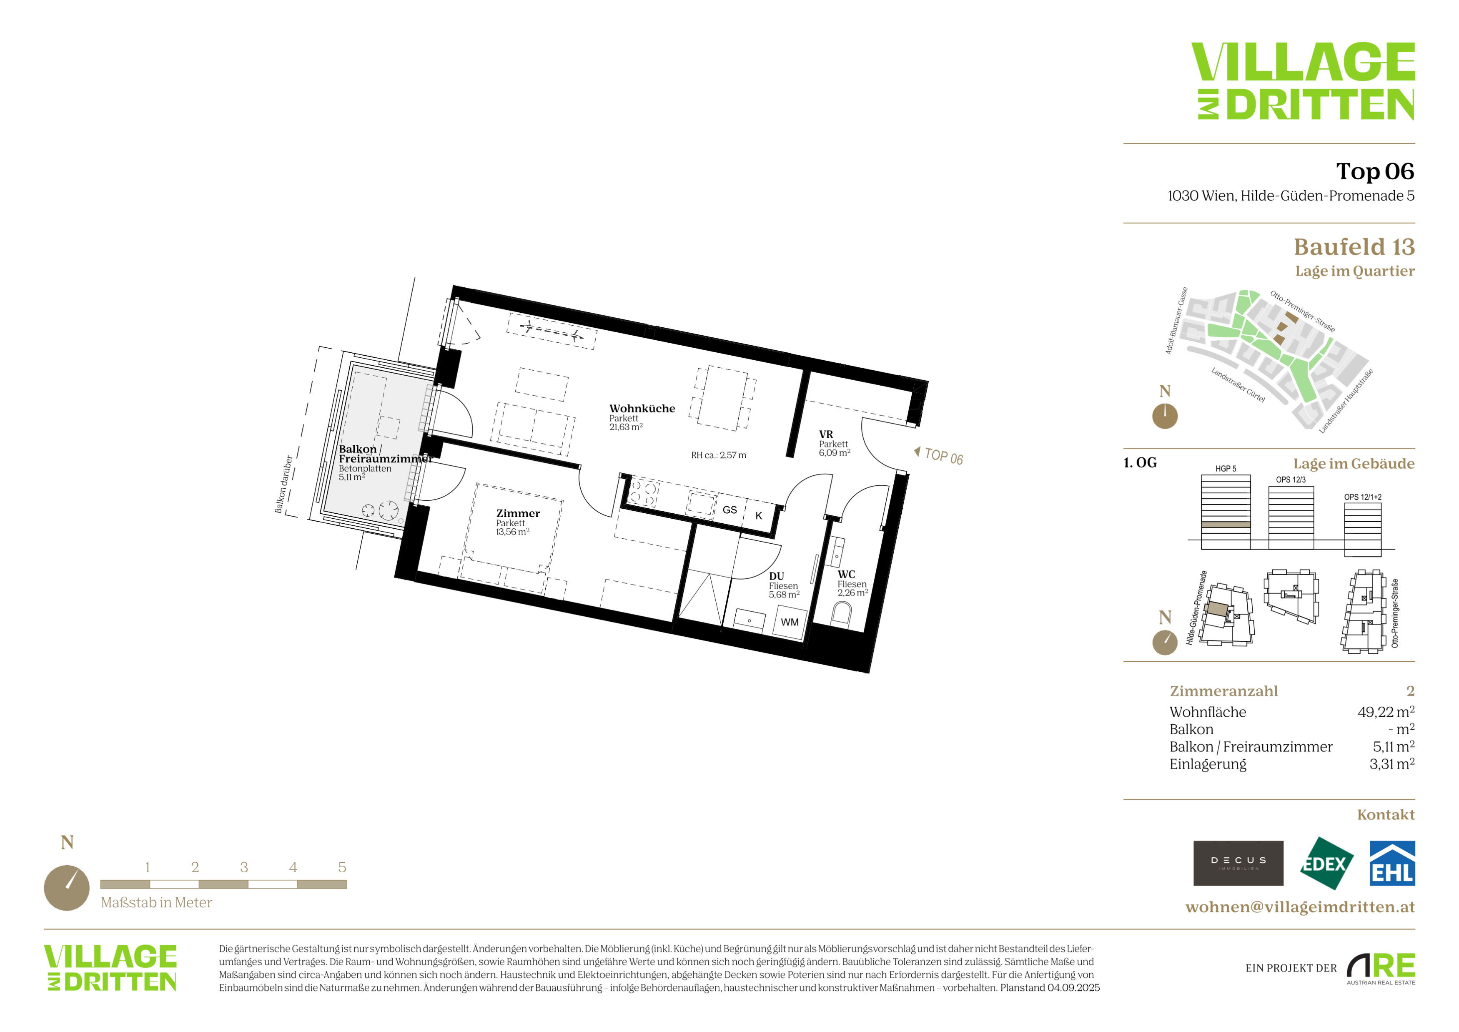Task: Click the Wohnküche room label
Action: pyautogui.click(x=642, y=409)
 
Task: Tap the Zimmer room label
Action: pyautogui.click(x=518, y=513)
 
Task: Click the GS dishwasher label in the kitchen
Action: pyautogui.click(x=729, y=510)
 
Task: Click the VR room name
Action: pyautogui.click(x=825, y=434)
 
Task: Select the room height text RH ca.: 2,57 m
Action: pyautogui.click(x=719, y=455)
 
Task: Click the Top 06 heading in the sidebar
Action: pyautogui.click(x=1375, y=171)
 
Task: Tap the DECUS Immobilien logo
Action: pyautogui.click(x=1238, y=863)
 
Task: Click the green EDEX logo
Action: pyautogui.click(x=1326, y=864)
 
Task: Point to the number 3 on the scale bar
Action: pyautogui.click(x=244, y=867)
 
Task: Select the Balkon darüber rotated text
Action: pyautogui.click(x=283, y=484)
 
